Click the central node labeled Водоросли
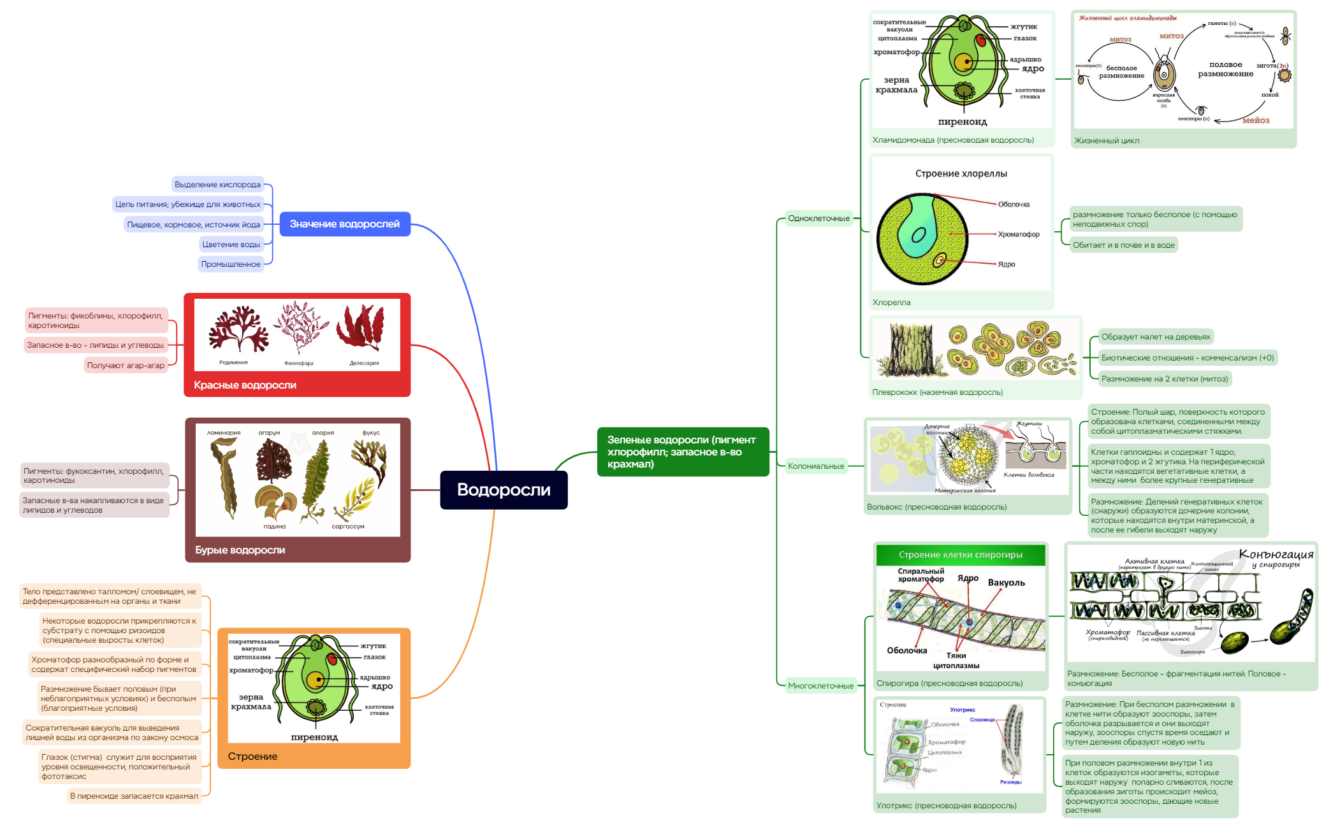pos(504,490)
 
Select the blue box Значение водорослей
pos(345,224)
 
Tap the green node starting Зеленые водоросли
pos(683,452)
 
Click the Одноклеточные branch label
pos(818,218)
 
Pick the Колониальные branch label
pos(816,466)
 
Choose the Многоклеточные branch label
pos(820,686)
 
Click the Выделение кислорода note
pos(217,185)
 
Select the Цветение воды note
pos(231,245)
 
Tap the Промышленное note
pos(231,264)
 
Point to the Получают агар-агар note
pos(126,366)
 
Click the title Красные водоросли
pos(245,385)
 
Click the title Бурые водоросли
pos(240,550)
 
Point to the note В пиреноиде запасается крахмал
pos(134,796)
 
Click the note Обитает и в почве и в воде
pos(1123,245)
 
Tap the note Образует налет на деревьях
pos(1155,337)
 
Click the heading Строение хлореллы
pos(961,174)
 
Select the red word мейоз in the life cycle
pos(1255,120)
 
